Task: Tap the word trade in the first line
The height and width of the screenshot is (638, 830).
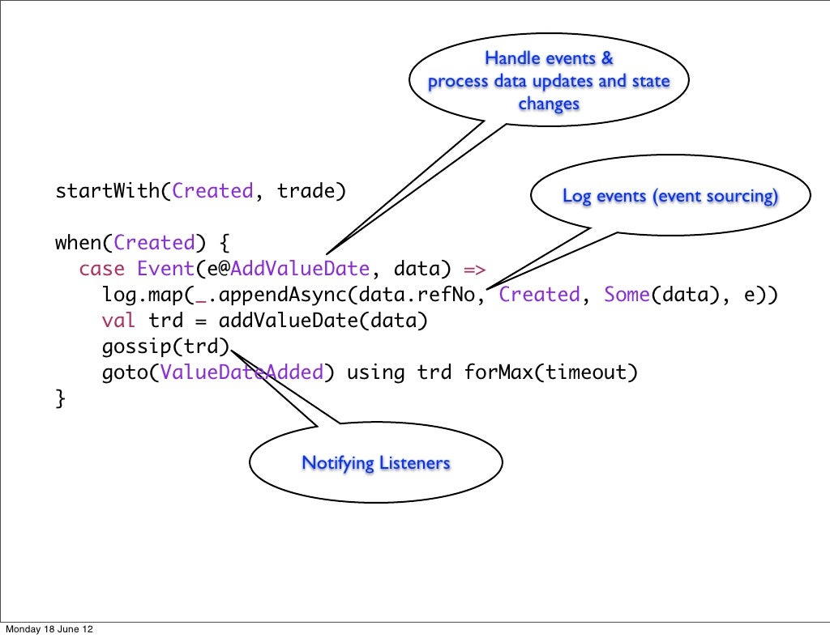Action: pyautogui.click(x=306, y=192)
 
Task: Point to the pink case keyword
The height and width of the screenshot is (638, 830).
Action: pyautogui.click(x=101, y=269)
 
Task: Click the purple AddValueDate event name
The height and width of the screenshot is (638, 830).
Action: pyautogui.click(x=300, y=269)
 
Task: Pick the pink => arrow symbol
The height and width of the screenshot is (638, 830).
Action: pyautogui.click(x=474, y=269)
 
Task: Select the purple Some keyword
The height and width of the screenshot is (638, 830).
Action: pyautogui.click(x=627, y=295)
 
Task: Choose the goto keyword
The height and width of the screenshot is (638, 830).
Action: pyautogui.click(x=125, y=372)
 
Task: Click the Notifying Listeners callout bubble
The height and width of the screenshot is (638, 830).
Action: pyautogui.click(x=375, y=463)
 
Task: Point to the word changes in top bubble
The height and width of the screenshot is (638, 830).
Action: pyautogui.click(x=549, y=104)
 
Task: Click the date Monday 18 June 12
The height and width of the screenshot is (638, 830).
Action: pyautogui.click(x=49, y=629)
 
